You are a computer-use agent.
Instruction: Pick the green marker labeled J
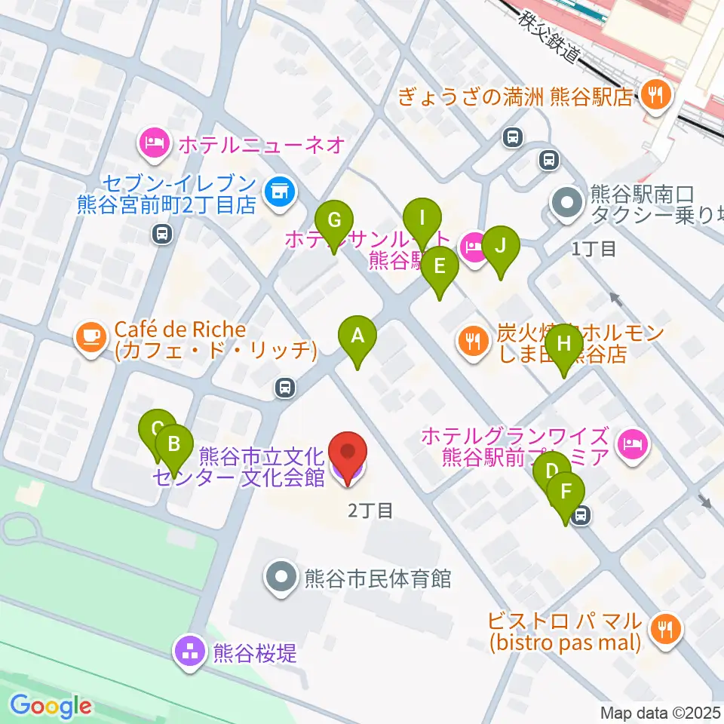(500, 247)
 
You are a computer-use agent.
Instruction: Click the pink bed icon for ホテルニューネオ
(154, 143)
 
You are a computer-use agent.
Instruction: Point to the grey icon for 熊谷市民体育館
(282, 578)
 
